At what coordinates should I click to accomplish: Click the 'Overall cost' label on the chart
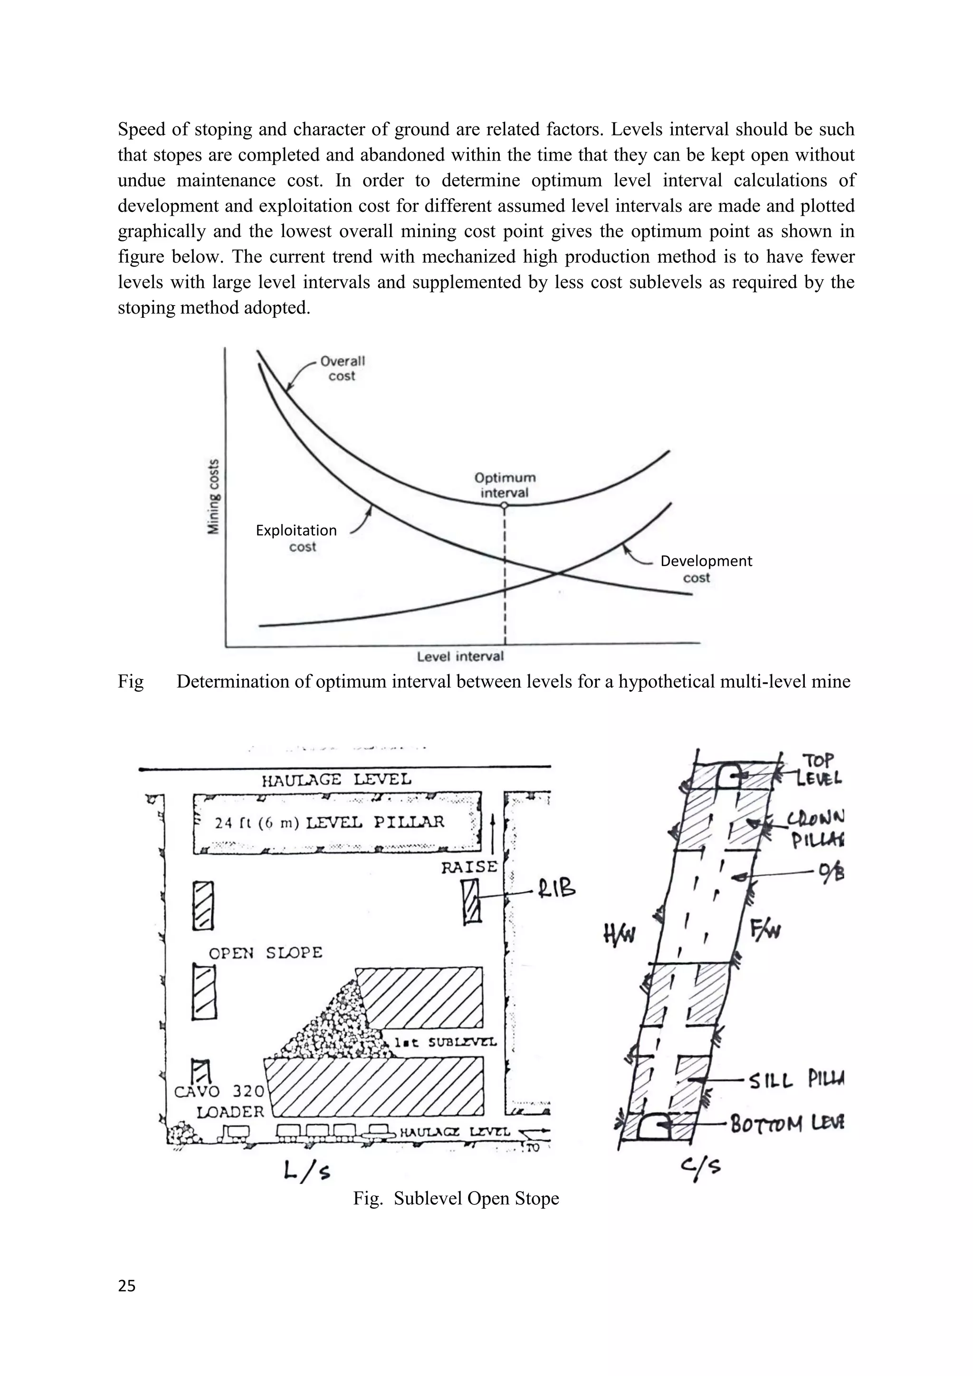pyautogui.click(x=342, y=369)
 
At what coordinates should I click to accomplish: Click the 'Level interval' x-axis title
pyautogui.click(x=460, y=656)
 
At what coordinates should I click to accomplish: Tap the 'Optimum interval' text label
pyautogui.click(x=505, y=485)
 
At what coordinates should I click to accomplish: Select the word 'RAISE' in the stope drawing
pyautogui.click(x=469, y=867)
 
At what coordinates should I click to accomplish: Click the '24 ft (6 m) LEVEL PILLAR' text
pyautogui.click(x=330, y=822)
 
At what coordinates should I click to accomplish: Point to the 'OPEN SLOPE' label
pyautogui.click(x=266, y=952)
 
